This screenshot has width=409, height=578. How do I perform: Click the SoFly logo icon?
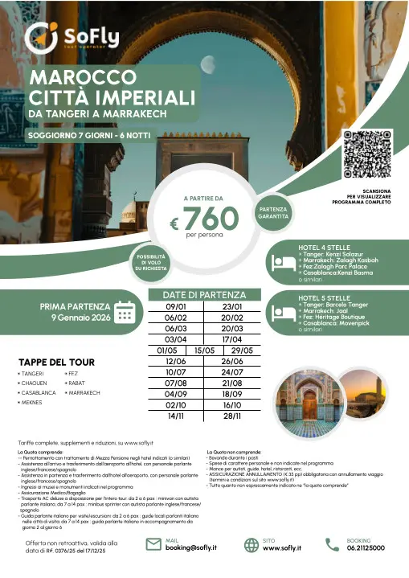pyautogui.click(x=40, y=36)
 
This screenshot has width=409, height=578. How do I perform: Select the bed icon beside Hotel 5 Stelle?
pyautogui.click(x=277, y=314)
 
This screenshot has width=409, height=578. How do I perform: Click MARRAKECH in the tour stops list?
pyautogui.click(x=84, y=393)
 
